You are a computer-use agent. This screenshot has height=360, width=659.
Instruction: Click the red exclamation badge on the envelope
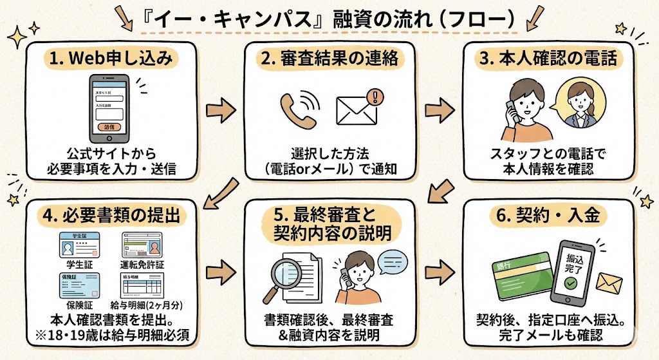[x=375, y=97]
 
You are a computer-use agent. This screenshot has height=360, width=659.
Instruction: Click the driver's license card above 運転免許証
[x=143, y=244]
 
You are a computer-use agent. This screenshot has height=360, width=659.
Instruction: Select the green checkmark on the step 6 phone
[x=570, y=283]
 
